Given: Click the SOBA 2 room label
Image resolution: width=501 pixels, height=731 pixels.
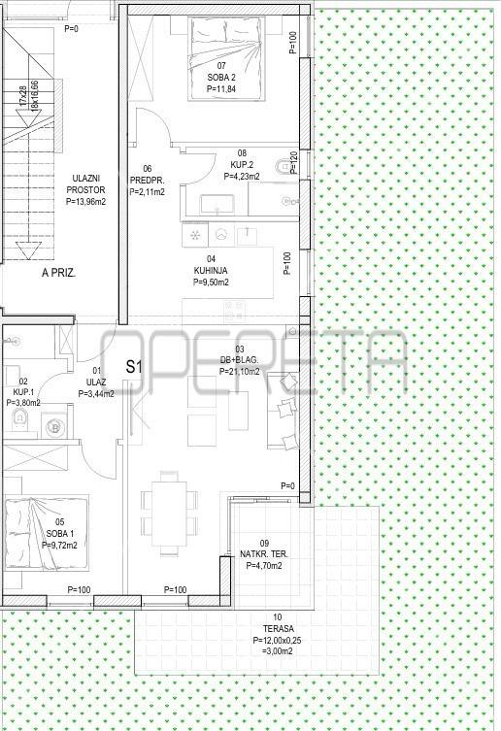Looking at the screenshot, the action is coord(221,78).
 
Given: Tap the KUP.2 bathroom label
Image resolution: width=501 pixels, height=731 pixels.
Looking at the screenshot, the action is coord(242,165).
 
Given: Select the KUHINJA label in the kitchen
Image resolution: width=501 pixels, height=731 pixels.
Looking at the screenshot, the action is coord(211,271).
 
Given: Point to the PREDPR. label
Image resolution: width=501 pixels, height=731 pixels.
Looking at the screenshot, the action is coord(147,181).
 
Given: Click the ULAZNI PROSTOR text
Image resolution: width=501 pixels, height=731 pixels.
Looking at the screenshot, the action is coord(85,184).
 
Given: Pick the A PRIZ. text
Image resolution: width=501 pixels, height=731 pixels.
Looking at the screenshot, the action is coord(59,273).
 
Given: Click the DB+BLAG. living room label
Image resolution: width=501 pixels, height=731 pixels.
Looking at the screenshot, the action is coord(239,360).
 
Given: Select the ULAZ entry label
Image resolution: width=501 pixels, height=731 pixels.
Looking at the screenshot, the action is coord(96,382).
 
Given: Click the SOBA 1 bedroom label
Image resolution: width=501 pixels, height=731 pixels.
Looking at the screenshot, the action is coord(59,533).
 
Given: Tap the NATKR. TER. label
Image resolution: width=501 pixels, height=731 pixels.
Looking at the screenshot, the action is coord(264,554).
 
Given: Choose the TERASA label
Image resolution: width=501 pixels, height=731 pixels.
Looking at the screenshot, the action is coord(278,628).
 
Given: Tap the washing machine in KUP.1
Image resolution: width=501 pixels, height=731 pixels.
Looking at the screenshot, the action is coord(56,425).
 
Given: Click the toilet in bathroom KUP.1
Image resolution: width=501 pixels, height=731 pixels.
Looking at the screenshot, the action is coord(19,418).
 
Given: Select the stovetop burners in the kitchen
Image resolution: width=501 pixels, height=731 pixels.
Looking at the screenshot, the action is coord(235,311).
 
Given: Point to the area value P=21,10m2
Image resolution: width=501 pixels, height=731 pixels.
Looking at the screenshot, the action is coord(240,372).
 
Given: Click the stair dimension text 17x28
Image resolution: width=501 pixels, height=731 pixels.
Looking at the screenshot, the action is coord(23,95).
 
